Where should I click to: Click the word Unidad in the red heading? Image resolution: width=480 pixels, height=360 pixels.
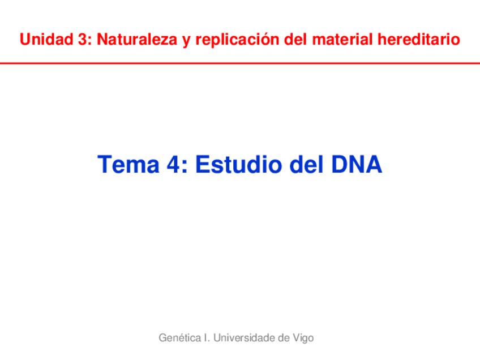coord(46,40)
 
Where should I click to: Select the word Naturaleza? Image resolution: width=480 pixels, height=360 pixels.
coord(137,40)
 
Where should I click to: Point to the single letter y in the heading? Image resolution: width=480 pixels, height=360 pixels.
coord(186,42)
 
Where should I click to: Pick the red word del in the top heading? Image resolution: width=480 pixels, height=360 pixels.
coord(295,40)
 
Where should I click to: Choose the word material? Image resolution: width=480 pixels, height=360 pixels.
coord(342,40)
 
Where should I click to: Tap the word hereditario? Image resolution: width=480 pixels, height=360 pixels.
coord(419,40)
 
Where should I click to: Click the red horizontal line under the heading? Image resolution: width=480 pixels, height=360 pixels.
coord(240,63)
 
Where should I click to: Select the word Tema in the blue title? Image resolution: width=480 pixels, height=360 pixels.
coord(128,164)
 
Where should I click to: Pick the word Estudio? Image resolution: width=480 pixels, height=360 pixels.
coord(239,164)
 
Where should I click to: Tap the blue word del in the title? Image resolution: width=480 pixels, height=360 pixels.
coord(306,164)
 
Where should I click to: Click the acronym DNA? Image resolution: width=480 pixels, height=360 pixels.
coord(357,164)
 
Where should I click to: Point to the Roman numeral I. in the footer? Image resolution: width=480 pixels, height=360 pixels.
coord(207,338)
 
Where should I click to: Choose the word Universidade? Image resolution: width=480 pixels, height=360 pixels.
coord(244,338)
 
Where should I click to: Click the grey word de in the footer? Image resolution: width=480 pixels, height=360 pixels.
coord(284,338)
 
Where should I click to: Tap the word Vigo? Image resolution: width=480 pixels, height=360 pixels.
coord(303,338)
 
